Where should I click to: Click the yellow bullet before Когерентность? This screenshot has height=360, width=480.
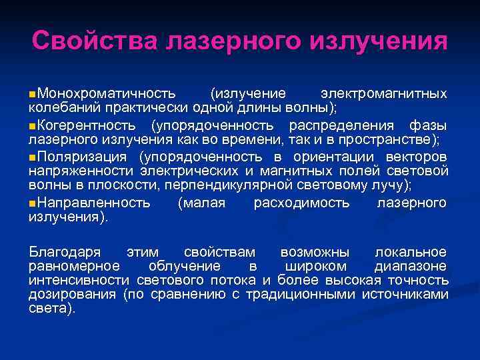pos(33,125)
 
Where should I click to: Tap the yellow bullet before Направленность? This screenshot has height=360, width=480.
pos(33,203)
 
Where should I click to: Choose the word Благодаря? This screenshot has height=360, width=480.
pos(65,252)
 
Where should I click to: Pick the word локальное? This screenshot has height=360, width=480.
pos(410,252)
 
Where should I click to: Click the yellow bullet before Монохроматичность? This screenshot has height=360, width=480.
pos(33,93)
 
